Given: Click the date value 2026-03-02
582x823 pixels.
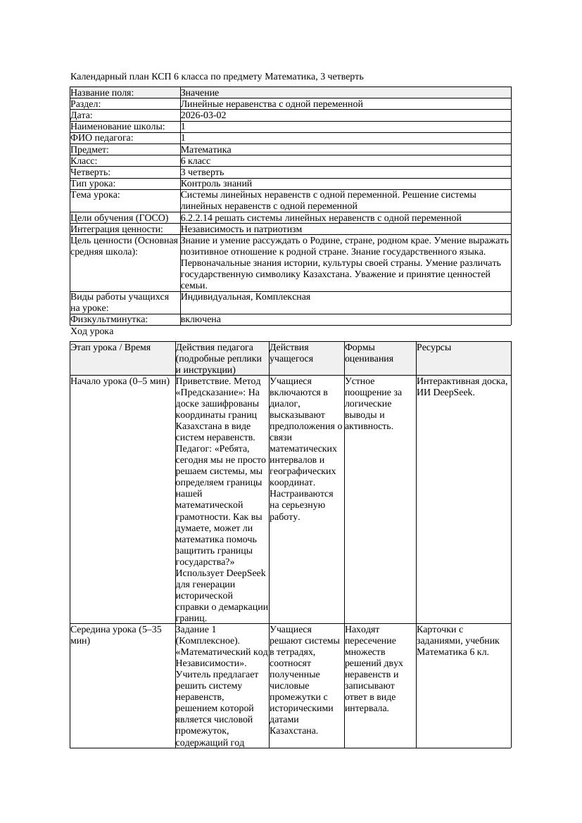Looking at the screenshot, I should click(x=203, y=115).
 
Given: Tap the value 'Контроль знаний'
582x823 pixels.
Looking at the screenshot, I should click(x=216, y=183).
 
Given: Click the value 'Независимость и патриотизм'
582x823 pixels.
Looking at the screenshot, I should click(x=241, y=229).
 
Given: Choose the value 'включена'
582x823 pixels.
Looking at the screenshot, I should click(x=201, y=319).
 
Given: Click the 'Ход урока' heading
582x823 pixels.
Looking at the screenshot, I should click(x=92, y=331).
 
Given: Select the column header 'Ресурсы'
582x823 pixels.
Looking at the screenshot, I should click(x=434, y=347).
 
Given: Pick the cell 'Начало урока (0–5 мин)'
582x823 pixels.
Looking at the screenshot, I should click(x=120, y=381).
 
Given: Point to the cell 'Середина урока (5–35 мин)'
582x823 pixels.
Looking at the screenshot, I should click(x=116, y=635).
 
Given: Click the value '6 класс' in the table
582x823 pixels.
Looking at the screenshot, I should click(x=196, y=160).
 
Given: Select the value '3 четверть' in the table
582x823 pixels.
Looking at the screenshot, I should click(x=202, y=172).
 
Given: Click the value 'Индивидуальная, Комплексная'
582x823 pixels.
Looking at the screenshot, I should click(x=246, y=297).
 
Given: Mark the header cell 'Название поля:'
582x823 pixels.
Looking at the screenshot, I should click(x=102, y=93).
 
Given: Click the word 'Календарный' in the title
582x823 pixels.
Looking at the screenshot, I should click(x=96, y=76).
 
